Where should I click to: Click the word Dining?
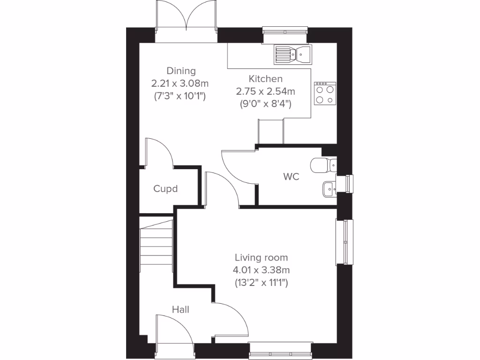coord(181,71)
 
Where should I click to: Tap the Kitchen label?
coord(265,79)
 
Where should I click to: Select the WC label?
coord(291,177)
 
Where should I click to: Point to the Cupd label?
coord(165,189)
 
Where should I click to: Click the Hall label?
coord(180,309)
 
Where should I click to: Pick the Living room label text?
coord(261,257)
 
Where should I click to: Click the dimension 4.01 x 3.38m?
coord(261,270)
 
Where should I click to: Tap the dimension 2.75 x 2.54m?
coord(265,91)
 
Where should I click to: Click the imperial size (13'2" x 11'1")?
coord(261,283)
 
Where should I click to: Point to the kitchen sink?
coord(292,54)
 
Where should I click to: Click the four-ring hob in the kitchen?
coord(325,93)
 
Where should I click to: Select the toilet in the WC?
coord(323,165)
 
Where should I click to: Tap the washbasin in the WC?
coord(329,188)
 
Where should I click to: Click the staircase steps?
coord(156,247)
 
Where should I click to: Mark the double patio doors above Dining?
coord(187,21)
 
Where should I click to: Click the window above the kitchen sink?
coord(285,31)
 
